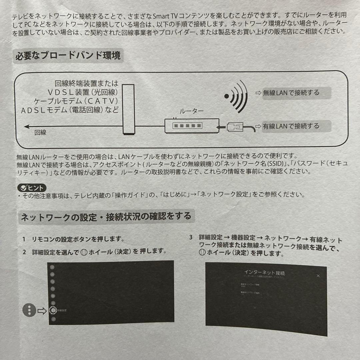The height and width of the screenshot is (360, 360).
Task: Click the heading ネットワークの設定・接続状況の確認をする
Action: (x=106, y=217)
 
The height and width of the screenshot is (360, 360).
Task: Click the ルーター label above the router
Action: (x=191, y=112)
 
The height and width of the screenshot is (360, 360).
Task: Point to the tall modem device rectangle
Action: (x=128, y=109)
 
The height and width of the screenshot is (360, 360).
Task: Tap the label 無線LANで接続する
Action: (x=291, y=93)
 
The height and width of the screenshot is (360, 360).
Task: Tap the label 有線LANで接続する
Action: (x=291, y=126)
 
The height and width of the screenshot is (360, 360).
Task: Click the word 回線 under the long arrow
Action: (x=40, y=133)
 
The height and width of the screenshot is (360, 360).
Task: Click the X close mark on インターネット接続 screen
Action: (x=318, y=276)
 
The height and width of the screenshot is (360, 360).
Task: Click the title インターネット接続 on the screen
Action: (x=264, y=273)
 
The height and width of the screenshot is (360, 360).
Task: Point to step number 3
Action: (x=191, y=238)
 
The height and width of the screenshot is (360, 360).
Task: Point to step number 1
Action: (x=24, y=239)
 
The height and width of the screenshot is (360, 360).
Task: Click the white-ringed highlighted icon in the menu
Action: (x=52, y=310)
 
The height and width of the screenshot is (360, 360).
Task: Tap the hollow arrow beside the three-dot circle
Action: (x=42, y=311)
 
